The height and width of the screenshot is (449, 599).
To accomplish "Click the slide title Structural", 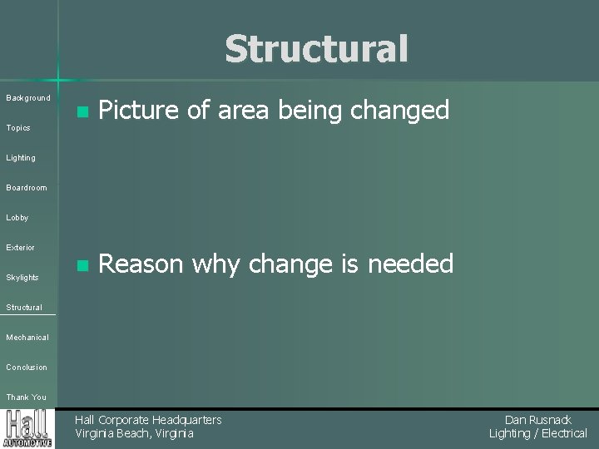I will (316, 49).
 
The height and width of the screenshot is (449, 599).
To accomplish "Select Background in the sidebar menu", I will (28, 98).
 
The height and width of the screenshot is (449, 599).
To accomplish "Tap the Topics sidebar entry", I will (18, 128).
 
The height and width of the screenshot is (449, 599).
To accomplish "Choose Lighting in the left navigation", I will (21, 158).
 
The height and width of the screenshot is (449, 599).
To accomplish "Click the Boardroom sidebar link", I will (27, 188).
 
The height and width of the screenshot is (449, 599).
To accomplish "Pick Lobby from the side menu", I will (17, 218).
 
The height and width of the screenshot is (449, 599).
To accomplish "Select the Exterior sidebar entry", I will (21, 248).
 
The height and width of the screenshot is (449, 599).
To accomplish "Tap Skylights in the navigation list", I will (22, 278).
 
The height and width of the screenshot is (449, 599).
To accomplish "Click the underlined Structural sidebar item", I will (24, 308).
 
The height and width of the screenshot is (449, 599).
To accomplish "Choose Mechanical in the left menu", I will (27, 338).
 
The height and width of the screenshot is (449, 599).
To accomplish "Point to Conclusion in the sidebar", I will (27, 368).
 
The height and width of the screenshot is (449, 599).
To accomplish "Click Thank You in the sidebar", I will (27, 397).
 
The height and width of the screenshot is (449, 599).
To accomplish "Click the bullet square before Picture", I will (81, 111).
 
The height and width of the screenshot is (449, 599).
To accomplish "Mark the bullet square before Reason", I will (81, 266).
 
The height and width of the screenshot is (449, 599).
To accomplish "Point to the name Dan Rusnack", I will (537, 420).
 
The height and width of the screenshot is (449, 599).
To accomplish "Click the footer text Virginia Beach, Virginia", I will (134, 433).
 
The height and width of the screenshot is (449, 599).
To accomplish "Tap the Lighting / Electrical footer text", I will (537, 433).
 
